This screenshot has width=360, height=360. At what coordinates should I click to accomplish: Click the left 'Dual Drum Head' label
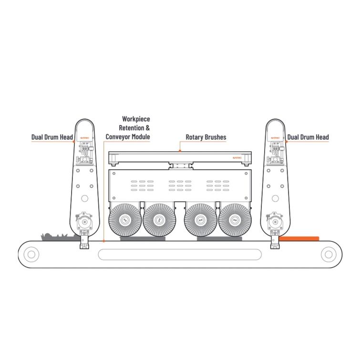(52, 137)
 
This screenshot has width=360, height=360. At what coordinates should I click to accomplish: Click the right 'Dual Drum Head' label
(308, 137)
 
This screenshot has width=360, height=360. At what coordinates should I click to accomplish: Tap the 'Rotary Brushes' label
(206, 137)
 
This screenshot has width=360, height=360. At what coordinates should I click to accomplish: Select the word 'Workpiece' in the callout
(136, 118)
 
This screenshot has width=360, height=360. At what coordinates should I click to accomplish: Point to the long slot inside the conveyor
(179, 254)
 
